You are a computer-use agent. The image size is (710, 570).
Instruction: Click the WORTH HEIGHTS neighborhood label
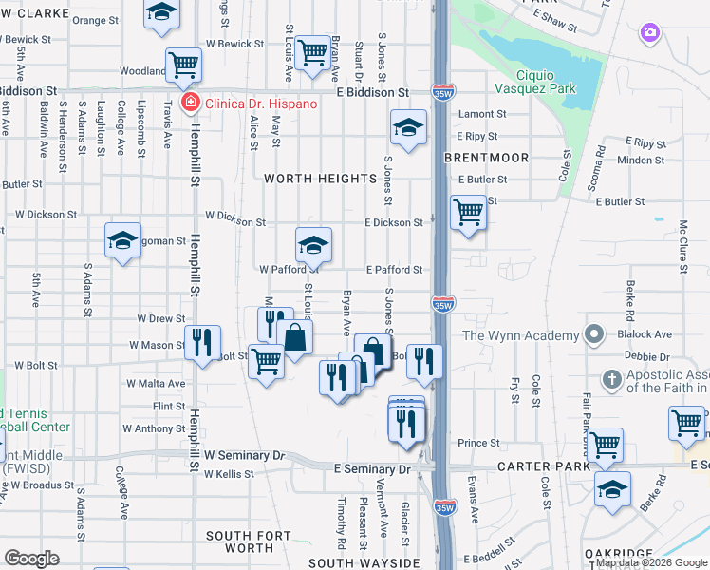(x=321, y=179)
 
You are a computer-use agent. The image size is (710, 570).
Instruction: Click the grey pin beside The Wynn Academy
(x=594, y=334)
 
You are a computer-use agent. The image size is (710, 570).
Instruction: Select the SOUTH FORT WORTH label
(x=241, y=541)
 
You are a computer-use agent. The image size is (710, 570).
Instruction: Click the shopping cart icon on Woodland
(x=183, y=66)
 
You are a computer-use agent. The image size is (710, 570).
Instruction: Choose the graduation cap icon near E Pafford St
(x=313, y=245)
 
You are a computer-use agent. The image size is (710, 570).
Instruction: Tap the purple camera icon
(x=649, y=33)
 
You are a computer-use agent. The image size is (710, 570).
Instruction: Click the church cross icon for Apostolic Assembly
(x=613, y=380)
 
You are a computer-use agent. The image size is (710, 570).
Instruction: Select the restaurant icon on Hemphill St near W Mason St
(x=202, y=343)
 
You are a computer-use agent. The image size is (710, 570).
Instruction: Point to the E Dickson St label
(x=394, y=223)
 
